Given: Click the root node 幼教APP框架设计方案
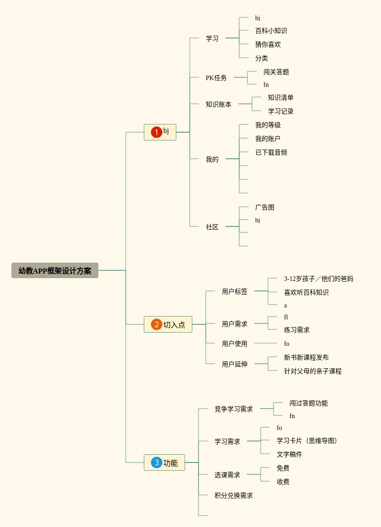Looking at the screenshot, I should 55,270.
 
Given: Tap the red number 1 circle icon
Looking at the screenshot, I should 156,132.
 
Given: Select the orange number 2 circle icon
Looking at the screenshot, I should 156,324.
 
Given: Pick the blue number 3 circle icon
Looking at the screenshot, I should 156,462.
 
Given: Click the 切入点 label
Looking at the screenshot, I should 174,325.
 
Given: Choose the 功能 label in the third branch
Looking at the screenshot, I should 171,463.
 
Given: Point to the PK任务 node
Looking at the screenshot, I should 216,78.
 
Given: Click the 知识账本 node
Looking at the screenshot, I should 219,104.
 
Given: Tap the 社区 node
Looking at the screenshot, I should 212,227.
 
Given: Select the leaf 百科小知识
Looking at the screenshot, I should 271,31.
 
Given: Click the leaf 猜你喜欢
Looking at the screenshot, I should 268,44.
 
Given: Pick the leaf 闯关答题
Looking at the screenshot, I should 276,72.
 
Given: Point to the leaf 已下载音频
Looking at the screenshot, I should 271,152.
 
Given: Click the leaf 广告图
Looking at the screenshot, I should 265,207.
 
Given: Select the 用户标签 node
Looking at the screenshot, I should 235,291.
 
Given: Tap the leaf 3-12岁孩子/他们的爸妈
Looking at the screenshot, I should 318,279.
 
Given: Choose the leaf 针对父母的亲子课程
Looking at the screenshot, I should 313,371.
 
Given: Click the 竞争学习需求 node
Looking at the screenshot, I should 234,409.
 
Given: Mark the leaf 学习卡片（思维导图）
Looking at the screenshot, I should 307,441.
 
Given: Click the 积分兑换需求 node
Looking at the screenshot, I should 234,495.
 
